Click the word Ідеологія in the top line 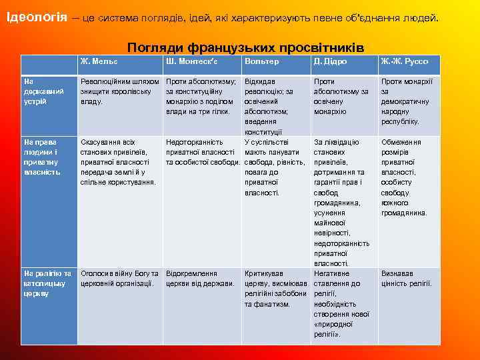36,17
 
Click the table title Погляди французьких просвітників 245,48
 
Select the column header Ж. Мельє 99,61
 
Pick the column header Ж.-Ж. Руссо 405,61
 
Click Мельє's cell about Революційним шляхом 120,91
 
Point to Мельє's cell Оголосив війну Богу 119,279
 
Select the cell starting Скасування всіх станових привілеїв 118,162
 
